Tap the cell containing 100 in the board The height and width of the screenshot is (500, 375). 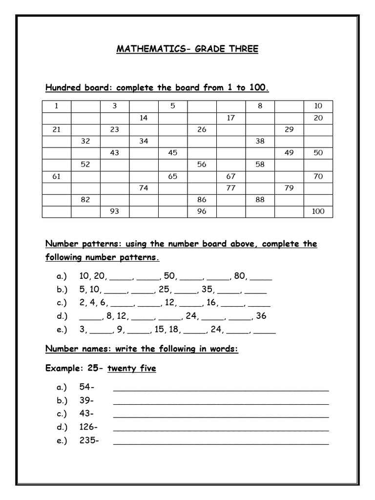(x=318, y=211)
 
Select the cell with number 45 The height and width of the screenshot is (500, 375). (x=172, y=153)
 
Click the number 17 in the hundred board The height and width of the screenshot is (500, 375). (x=230, y=118)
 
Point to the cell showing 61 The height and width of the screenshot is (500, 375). (x=56, y=176)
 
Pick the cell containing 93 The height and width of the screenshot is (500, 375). (x=114, y=211)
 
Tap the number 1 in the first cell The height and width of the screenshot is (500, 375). (x=56, y=106)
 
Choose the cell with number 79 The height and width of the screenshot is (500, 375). (x=289, y=188)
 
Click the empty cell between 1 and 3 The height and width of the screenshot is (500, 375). (x=85, y=106)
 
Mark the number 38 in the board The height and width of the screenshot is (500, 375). (x=260, y=141)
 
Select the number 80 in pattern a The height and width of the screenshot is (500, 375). (x=239, y=276)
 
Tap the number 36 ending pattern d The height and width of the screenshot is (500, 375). (x=261, y=315)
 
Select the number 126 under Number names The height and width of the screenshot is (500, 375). (x=87, y=427)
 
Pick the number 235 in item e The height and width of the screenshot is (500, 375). (x=88, y=440)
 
